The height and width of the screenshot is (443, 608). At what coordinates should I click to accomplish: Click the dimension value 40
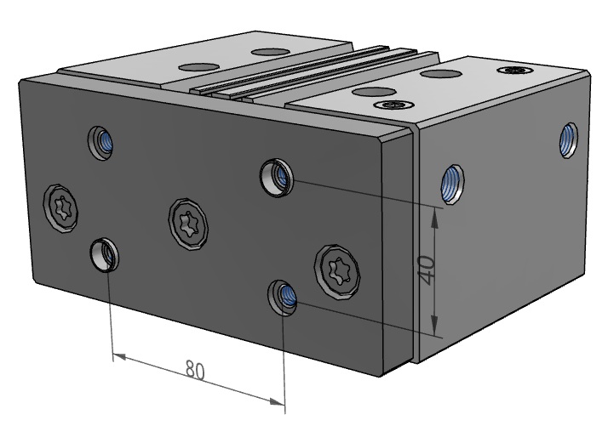[428, 270]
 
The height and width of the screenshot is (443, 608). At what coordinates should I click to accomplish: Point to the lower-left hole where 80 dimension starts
[105, 253]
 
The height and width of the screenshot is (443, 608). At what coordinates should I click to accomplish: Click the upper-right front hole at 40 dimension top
[277, 176]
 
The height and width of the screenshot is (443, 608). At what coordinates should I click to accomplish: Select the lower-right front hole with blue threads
[284, 297]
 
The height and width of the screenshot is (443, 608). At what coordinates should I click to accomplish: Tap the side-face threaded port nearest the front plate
[452, 184]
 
